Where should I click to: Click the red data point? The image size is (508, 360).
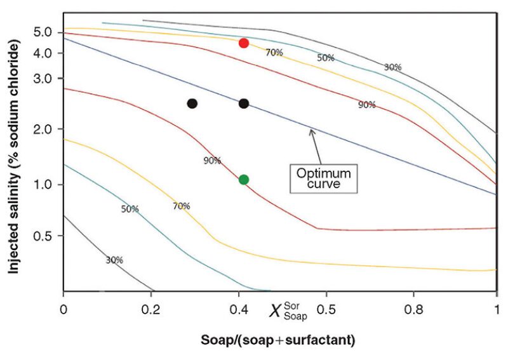pyautogui.click(x=243, y=43)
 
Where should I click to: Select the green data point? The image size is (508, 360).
pyautogui.click(x=243, y=180)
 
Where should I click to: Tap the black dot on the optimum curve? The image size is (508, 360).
pyautogui.click(x=243, y=103)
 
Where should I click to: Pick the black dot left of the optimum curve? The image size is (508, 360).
pyautogui.click(x=192, y=103)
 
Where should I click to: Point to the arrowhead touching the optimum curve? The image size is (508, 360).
pyautogui.click(x=311, y=130)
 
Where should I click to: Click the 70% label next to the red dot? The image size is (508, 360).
pyautogui.click(x=274, y=53)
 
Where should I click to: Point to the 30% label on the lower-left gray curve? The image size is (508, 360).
pyautogui.click(x=114, y=260)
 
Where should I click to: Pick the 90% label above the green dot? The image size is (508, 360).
pyautogui.click(x=212, y=161)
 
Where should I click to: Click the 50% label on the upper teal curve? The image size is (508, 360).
pyautogui.click(x=326, y=58)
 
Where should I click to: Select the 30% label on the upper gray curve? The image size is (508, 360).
pyautogui.click(x=392, y=67)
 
